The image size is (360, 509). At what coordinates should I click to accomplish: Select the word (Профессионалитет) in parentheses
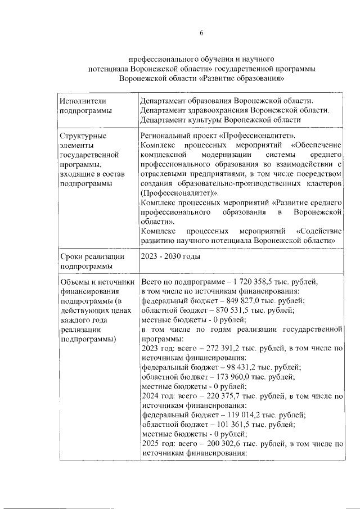point(178,193)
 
